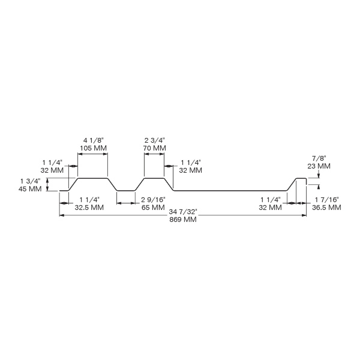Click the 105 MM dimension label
[x=94, y=148]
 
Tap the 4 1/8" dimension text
[x=94, y=140]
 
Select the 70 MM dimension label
[x=155, y=148]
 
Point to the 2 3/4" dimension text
[x=155, y=140]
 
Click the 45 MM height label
[x=30, y=189]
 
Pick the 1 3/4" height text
[x=31, y=181]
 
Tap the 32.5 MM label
[x=89, y=208]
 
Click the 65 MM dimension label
[x=153, y=208]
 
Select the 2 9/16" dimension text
[x=153, y=200]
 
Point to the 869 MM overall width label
[x=183, y=220]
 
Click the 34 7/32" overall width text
[x=183, y=212]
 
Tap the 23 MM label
[x=319, y=166]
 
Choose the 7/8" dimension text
[x=319, y=158]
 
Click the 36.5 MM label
[x=326, y=208]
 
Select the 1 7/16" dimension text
[x=326, y=200]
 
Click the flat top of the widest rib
[x=92, y=178]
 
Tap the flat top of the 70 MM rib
[x=154, y=178]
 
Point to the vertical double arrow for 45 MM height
[x=47, y=185]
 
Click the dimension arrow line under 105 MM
[x=92, y=154]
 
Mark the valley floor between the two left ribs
[x=125, y=191]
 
